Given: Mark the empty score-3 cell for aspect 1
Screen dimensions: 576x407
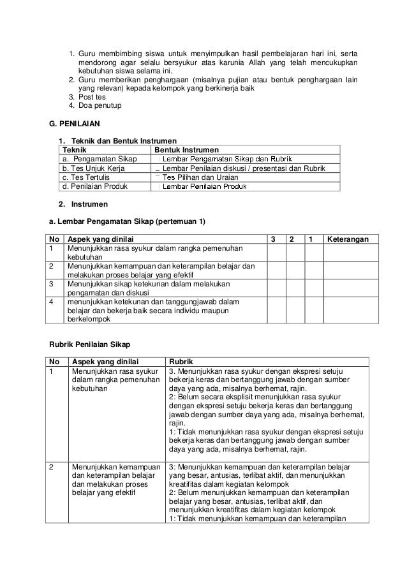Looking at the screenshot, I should (x=276, y=253).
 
